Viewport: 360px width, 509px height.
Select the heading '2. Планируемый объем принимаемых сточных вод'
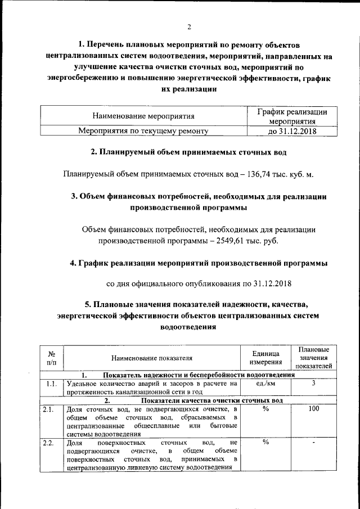point(188,152)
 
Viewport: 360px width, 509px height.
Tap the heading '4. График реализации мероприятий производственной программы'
point(199,263)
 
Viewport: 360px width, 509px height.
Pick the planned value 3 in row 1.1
point(314,384)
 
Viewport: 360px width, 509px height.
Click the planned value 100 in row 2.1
point(314,409)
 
